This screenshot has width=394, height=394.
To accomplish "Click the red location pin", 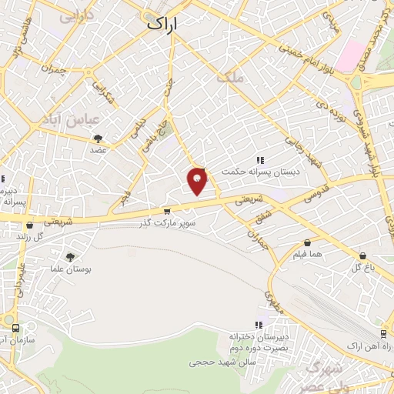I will pyautogui.click(x=198, y=181).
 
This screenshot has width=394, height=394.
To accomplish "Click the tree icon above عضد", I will pyautogui.click(x=98, y=139).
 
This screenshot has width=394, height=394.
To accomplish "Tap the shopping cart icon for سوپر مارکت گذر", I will pyautogui.click(x=167, y=212).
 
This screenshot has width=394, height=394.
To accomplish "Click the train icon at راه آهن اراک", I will pyautogui.click(x=383, y=332).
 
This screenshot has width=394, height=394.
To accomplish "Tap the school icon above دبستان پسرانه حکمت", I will pyautogui.click(x=260, y=160).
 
